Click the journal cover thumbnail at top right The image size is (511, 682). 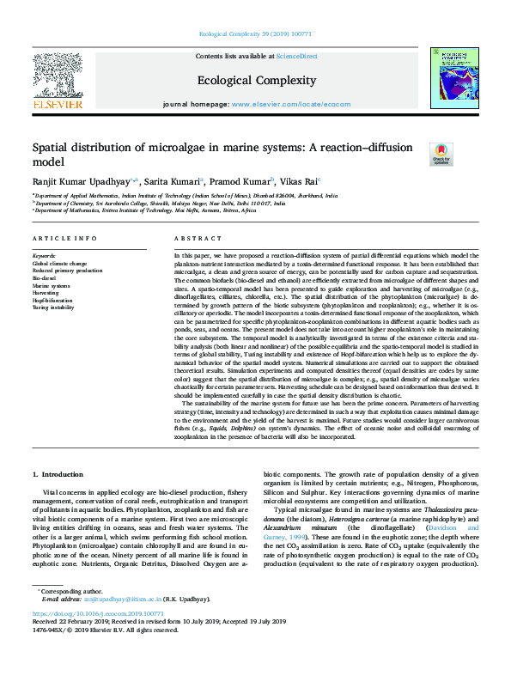[455, 77]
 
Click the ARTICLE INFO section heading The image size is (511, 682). [64, 238]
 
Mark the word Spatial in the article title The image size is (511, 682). [52, 147]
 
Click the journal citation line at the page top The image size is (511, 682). [255, 34]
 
